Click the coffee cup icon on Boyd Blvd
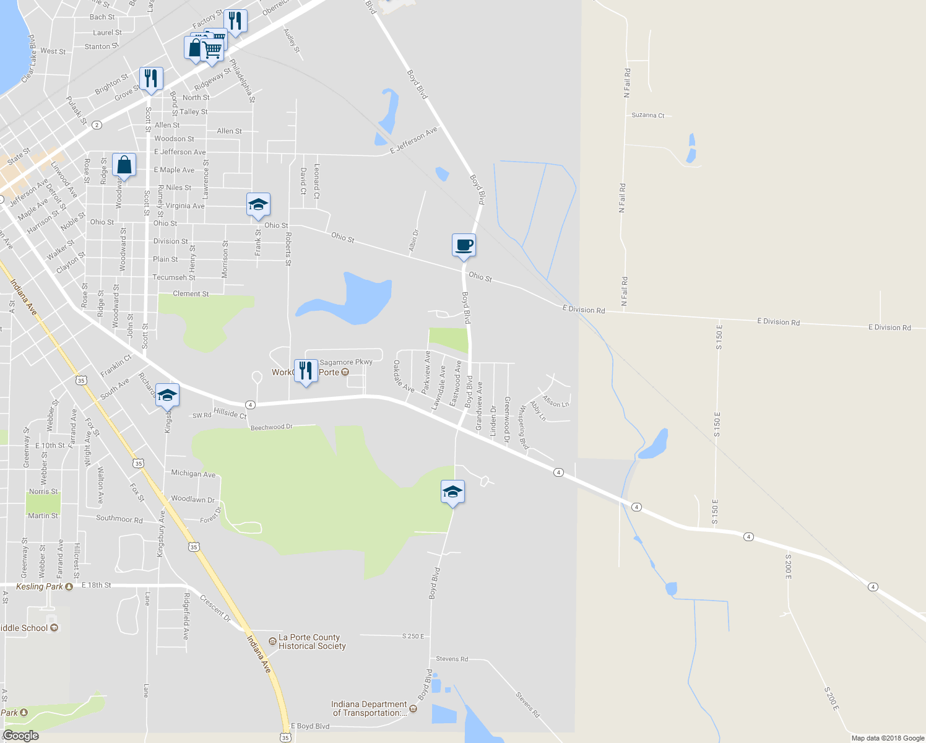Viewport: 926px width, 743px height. (x=464, y=246)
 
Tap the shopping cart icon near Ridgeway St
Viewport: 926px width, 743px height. (x=212, y=50)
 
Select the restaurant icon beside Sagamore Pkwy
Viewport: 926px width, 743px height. (x=305, y=370)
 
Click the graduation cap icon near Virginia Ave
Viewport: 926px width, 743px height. (x=258, y=204)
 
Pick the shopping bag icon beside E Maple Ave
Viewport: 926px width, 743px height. (x=124, y=165)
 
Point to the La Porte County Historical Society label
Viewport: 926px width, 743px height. (x=311, y=641)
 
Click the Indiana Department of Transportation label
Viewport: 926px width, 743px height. (x=369, y=708)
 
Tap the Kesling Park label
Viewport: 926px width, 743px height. (x=39, y=586)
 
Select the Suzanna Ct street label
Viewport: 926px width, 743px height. (x=647, y=115)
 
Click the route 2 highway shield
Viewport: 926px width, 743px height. (x=97, y=125)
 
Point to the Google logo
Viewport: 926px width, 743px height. (x=20, y=736)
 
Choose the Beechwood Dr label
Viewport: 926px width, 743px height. (x=271, y=427)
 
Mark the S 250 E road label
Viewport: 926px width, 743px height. (x=413, y=636)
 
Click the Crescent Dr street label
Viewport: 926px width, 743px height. (x=215, y=609)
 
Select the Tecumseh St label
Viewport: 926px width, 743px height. (x=174, y=277)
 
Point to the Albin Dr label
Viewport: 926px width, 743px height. (x=413, y=241)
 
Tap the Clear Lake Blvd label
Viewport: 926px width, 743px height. (x=30, y=59)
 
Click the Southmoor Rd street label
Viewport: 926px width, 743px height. (x=119, y=519)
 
